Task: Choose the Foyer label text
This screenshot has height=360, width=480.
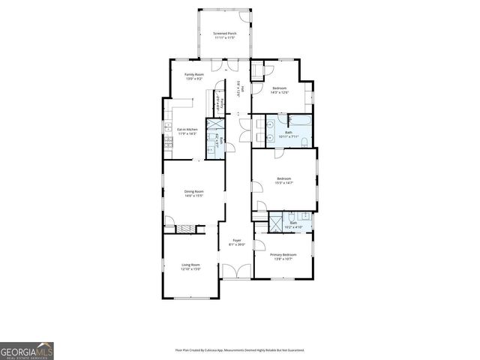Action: click(237, 241)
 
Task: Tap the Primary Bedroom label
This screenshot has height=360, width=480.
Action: click(283, 255)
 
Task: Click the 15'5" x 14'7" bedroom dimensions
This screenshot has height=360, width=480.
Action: click(283, 183)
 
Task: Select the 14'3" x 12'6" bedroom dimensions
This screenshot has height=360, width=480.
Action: click(280, 93)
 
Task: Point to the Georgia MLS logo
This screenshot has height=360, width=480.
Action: click(26, 350)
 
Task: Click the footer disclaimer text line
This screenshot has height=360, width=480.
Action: click(239, 349)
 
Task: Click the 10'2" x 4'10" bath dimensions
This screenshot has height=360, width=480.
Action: click(293, 226)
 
